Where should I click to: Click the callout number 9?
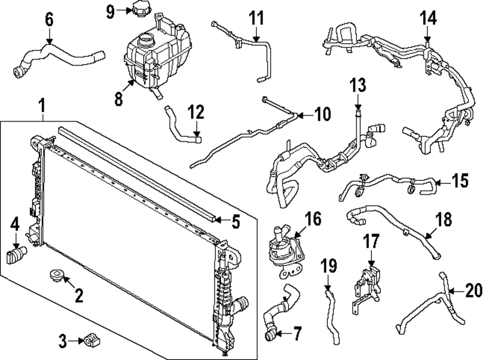[110, 11]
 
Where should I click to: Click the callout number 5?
[235, 222]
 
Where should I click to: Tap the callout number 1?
[42, 104]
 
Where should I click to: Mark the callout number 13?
[357, 86]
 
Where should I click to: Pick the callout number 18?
[444, 220]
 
